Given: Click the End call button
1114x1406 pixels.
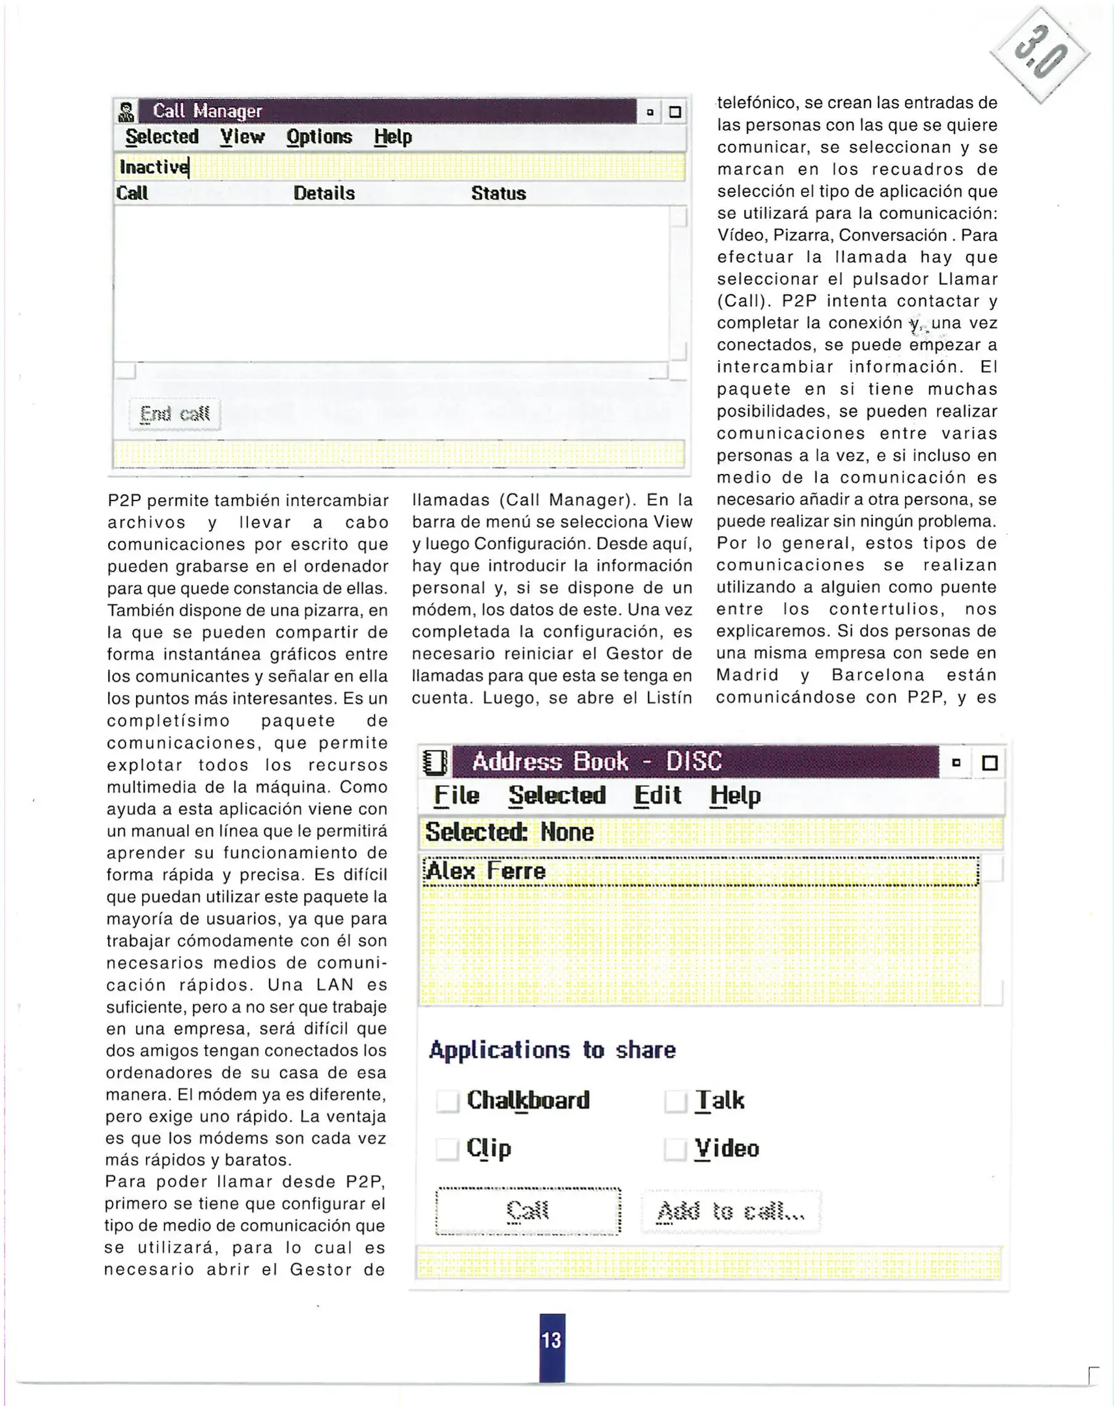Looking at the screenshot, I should (x=174, y=414).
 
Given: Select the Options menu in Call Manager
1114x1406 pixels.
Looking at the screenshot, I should (x=319, y=137).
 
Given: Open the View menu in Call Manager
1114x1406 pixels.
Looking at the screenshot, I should (x=242, y=137).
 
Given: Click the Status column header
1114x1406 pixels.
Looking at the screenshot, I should (x=498, y=194).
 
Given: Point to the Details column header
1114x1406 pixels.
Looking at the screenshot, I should (x=324, y=194).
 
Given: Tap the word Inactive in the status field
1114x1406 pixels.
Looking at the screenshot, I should (x=154, y=167).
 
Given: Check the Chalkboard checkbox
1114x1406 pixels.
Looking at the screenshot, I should (x=447, y=1101).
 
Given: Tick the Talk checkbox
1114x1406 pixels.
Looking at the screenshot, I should (x=675, y=1101).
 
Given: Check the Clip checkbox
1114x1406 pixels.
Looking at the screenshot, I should (x=447, y=1148).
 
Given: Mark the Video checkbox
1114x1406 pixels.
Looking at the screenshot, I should (x=675, y=1148).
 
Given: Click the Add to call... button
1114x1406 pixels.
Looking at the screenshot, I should (x=731, y=1211).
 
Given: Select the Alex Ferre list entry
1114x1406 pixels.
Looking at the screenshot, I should (x=486, y=871).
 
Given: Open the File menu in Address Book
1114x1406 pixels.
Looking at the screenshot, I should (x=456, y=795).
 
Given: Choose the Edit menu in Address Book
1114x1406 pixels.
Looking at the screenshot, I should (x=658, y=795).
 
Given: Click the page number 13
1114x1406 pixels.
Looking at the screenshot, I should (x=551, y=1340).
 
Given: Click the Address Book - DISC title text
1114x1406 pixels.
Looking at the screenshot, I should (x=597, y=762).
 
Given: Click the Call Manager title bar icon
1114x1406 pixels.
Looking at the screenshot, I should (x=126, y=112).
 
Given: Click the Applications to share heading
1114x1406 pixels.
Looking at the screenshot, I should (x=552, y=1050).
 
